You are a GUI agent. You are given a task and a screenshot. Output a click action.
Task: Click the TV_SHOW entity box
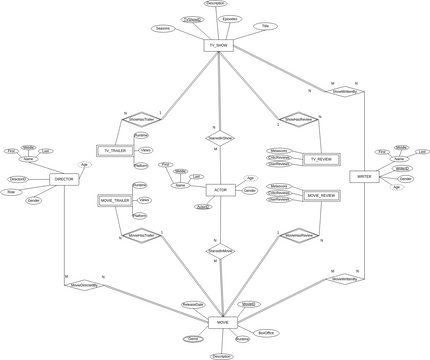[217, 46]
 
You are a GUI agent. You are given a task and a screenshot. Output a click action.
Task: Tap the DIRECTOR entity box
[64, 179]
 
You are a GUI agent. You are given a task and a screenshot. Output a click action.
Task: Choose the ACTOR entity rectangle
[219, 189]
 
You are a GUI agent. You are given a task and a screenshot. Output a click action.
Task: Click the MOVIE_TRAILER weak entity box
[114, 201]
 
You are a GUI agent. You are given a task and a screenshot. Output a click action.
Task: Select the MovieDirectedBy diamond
[85, 284]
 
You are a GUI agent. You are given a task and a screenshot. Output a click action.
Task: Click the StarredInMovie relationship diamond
[219, 250]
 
